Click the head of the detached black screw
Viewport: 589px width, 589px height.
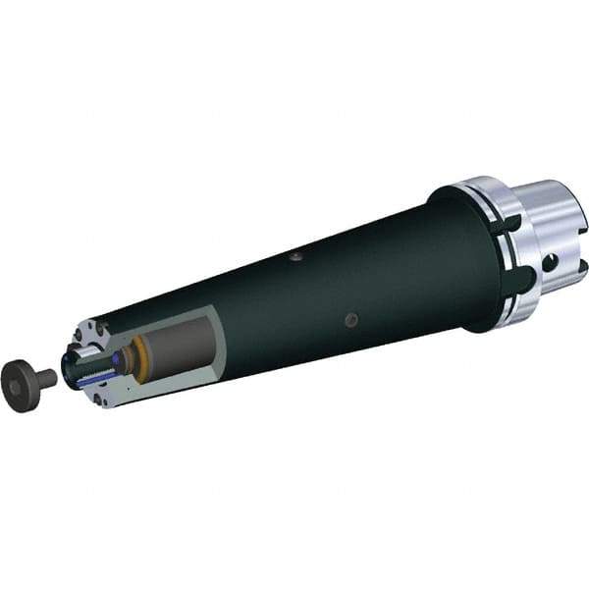(x=18, y=374)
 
